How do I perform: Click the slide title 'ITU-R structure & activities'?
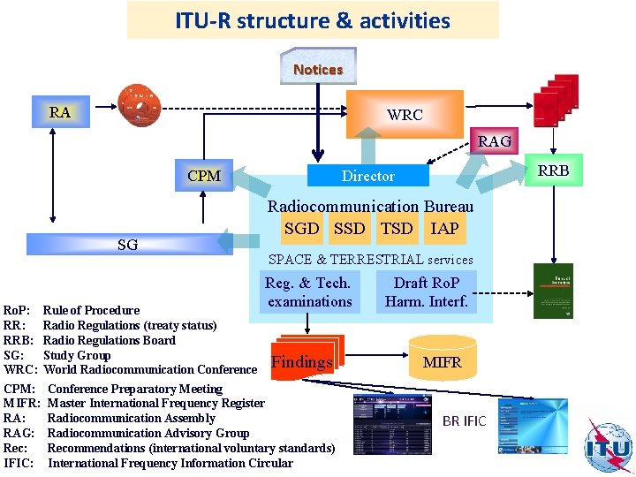pyautogui.click(x=313, y=20)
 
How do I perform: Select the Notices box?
pyautogui.click(x=318, y=68)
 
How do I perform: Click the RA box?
pyautogui.click(x=60, y=112)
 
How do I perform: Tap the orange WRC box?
pyautogui.click(x=404, y=114)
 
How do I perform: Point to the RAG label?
pyautogui.click(x=494, y=140)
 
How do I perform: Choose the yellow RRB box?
pyautogui.click(x=553, y=170)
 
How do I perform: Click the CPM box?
pyautogui.click(x=204, y=175)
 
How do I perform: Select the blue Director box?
pyautogui.click(x=367, y=176)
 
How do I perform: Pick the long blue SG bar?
pyautogui.click(x=127, y=244)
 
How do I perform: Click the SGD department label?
pyautogui.click(x=301, y=228)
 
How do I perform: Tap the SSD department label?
pyautogui.click(x=349, y=228)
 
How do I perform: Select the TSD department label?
pyautogui.click(x=397, y=228)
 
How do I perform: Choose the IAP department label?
pyautogui.click(x=444, y=228)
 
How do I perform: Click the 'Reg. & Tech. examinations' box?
pyautogui.click(x=308, y=292)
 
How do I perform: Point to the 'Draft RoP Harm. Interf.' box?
pyautogui.click(x=427, y=292)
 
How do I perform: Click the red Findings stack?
pyautogui.click(x=302, y=360)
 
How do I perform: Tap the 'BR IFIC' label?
pyautogui.click(x=464, y=421)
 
